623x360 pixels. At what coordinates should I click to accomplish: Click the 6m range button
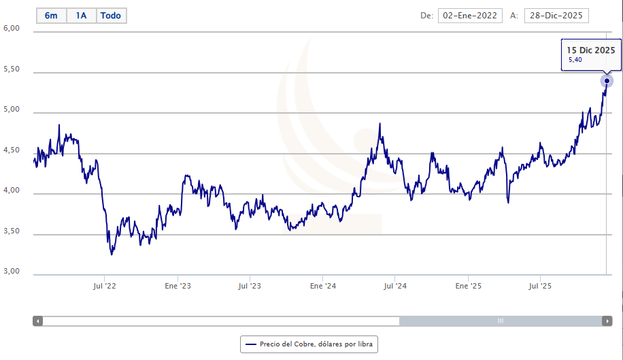point(51,16)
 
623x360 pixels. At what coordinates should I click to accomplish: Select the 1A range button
point(82,16)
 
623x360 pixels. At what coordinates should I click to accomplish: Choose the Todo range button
point(111,16)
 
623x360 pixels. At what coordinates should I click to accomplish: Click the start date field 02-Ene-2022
point(470,16)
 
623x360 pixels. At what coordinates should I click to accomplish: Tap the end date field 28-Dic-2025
point(556,16)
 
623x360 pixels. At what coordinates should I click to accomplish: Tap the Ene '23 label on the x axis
point(178,287)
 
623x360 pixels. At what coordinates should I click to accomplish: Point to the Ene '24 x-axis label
point(322,287)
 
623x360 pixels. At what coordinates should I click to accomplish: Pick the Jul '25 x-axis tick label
point(540,287)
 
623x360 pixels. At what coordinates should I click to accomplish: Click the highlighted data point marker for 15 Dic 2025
point(607,81)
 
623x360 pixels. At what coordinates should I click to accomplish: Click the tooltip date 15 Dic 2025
point(592,50)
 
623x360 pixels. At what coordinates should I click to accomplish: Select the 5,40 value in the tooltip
point(575,60)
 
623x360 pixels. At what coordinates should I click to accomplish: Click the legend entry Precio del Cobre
point(308,344)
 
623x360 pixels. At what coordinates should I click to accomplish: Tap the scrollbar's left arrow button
point(38,321)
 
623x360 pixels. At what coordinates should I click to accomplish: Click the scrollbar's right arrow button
point(607,321)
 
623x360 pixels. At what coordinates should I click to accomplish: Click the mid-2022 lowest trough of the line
point(112,255)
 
